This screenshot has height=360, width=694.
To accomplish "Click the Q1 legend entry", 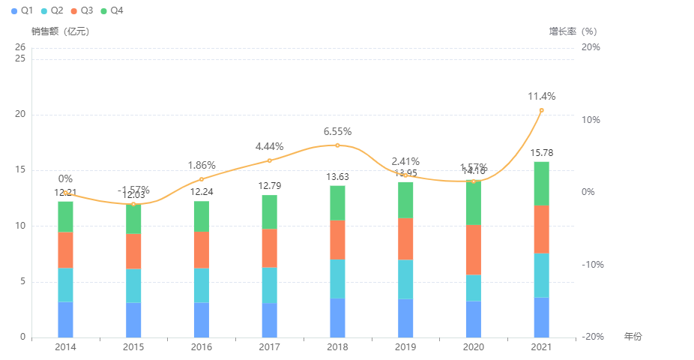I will tap(22, 11).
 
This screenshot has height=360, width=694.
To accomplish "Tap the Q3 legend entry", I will tap(82, 11).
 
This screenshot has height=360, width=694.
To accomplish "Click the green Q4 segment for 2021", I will tap(541, 183).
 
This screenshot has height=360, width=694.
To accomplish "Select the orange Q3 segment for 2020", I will tap(473, 250).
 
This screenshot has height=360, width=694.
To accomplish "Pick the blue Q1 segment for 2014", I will tap(65, 319).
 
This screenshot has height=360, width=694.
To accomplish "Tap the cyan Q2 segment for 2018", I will tap(337, 278).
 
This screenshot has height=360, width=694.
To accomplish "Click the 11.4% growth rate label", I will tap(541, 97).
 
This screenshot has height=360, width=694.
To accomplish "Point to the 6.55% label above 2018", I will tap(337, 132).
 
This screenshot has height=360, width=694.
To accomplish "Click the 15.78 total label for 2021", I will tap(541, 153).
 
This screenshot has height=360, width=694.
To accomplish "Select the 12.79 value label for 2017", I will tap(270, 186).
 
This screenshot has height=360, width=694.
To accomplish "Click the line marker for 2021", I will tap(541, 110).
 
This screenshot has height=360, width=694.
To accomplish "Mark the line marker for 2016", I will tap(202, 179).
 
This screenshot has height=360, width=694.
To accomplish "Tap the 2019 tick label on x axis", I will tap(405, 347).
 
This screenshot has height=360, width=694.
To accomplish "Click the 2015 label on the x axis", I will tap(133, 347).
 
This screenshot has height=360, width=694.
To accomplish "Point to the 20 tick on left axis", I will tap(20, 115).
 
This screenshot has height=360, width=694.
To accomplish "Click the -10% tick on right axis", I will tap(590, 265).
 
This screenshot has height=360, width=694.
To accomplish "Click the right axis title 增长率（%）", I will tap(573, 31).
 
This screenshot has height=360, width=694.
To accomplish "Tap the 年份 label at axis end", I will tap(633, 337).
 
